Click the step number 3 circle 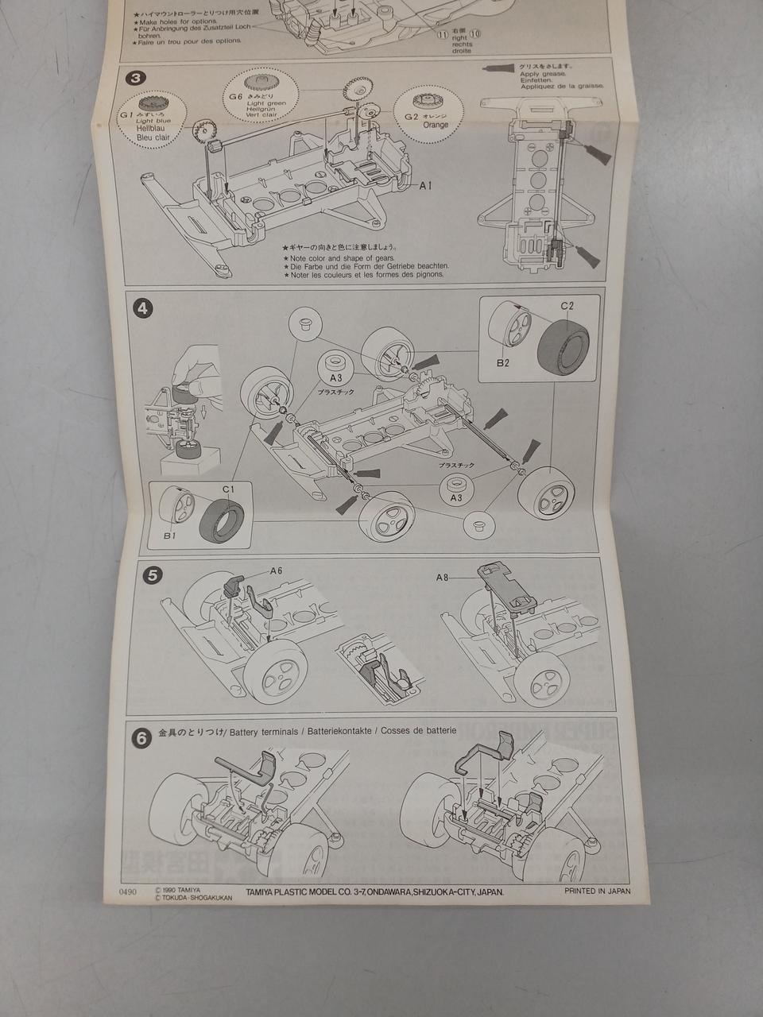(x=136, y=78)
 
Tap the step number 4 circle (x=143, y=309)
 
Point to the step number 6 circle (x=141, y=738)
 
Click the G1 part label (x=126, y=114)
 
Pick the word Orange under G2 (x=436, y=125)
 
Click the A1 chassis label (x=426, y=185)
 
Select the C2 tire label (x=567, y=306)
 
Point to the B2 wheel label (x=502, y=362)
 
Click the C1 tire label (x=227, y=489)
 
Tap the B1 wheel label (x=169, y=536)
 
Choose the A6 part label (x=276, y=570)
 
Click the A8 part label (x=443, y=578)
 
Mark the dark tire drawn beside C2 (x=564, y=346)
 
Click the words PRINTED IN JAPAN (x=597, y=891)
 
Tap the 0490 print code (x=125, y=891)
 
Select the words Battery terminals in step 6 (x=263, y=731)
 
